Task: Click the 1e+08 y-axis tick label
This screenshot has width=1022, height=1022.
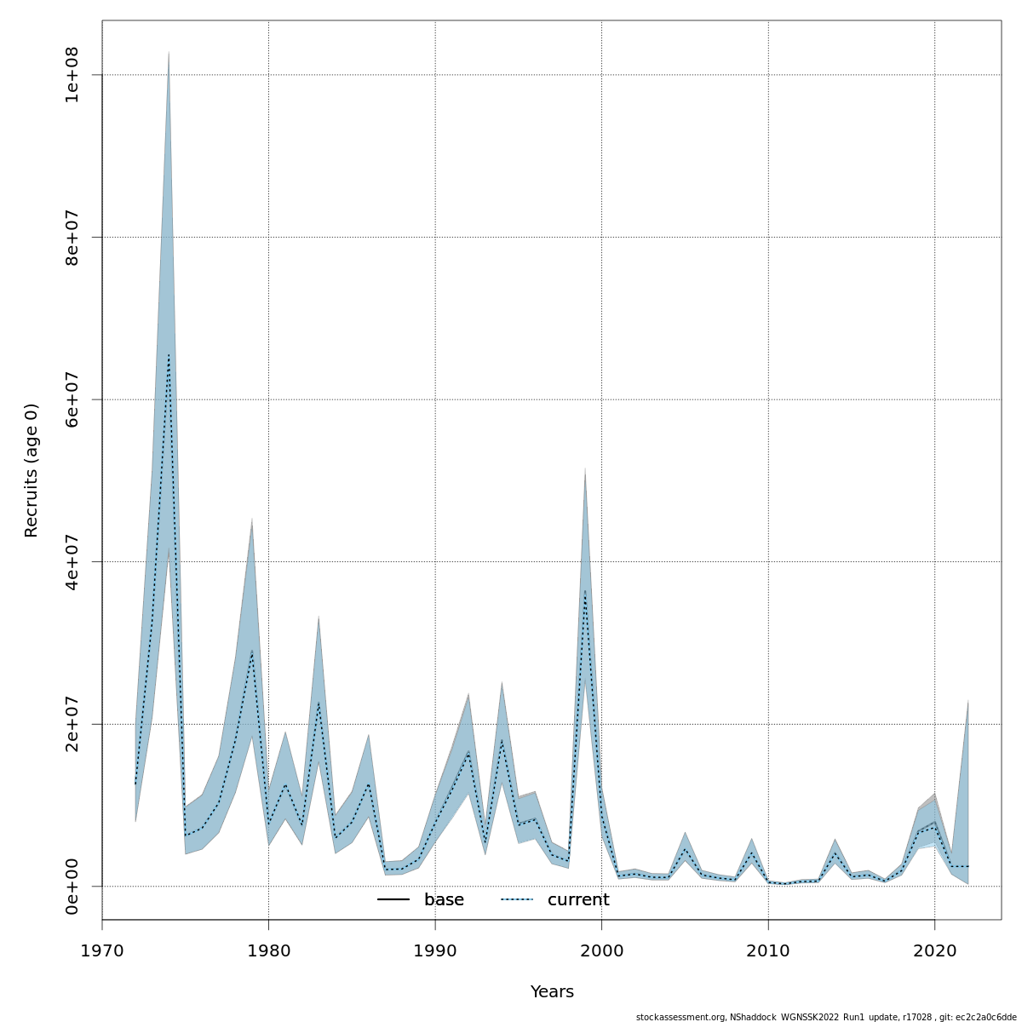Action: click(72, 75)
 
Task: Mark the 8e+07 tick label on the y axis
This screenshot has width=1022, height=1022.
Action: click(72, 237)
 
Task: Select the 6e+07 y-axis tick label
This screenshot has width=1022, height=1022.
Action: click(72, 399)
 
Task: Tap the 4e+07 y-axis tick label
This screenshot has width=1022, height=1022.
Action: click(72, 561)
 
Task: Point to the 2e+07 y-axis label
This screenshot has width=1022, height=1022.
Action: click(72, 724)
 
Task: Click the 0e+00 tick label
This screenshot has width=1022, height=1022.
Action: click(72, 886)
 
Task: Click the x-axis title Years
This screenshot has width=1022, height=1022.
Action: click(552, 992)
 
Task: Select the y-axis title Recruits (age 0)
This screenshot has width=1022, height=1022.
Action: click(32, 470)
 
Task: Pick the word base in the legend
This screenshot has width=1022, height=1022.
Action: click(444, 900)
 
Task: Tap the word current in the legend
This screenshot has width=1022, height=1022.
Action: click(578, 900)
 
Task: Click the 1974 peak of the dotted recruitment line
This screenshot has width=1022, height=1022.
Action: click(169, 355)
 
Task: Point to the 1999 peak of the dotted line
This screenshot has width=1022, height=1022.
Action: click(585, 590)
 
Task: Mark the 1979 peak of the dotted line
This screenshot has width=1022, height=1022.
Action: click(252, 652)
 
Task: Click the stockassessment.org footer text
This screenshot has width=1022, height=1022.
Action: click(825, 1017)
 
